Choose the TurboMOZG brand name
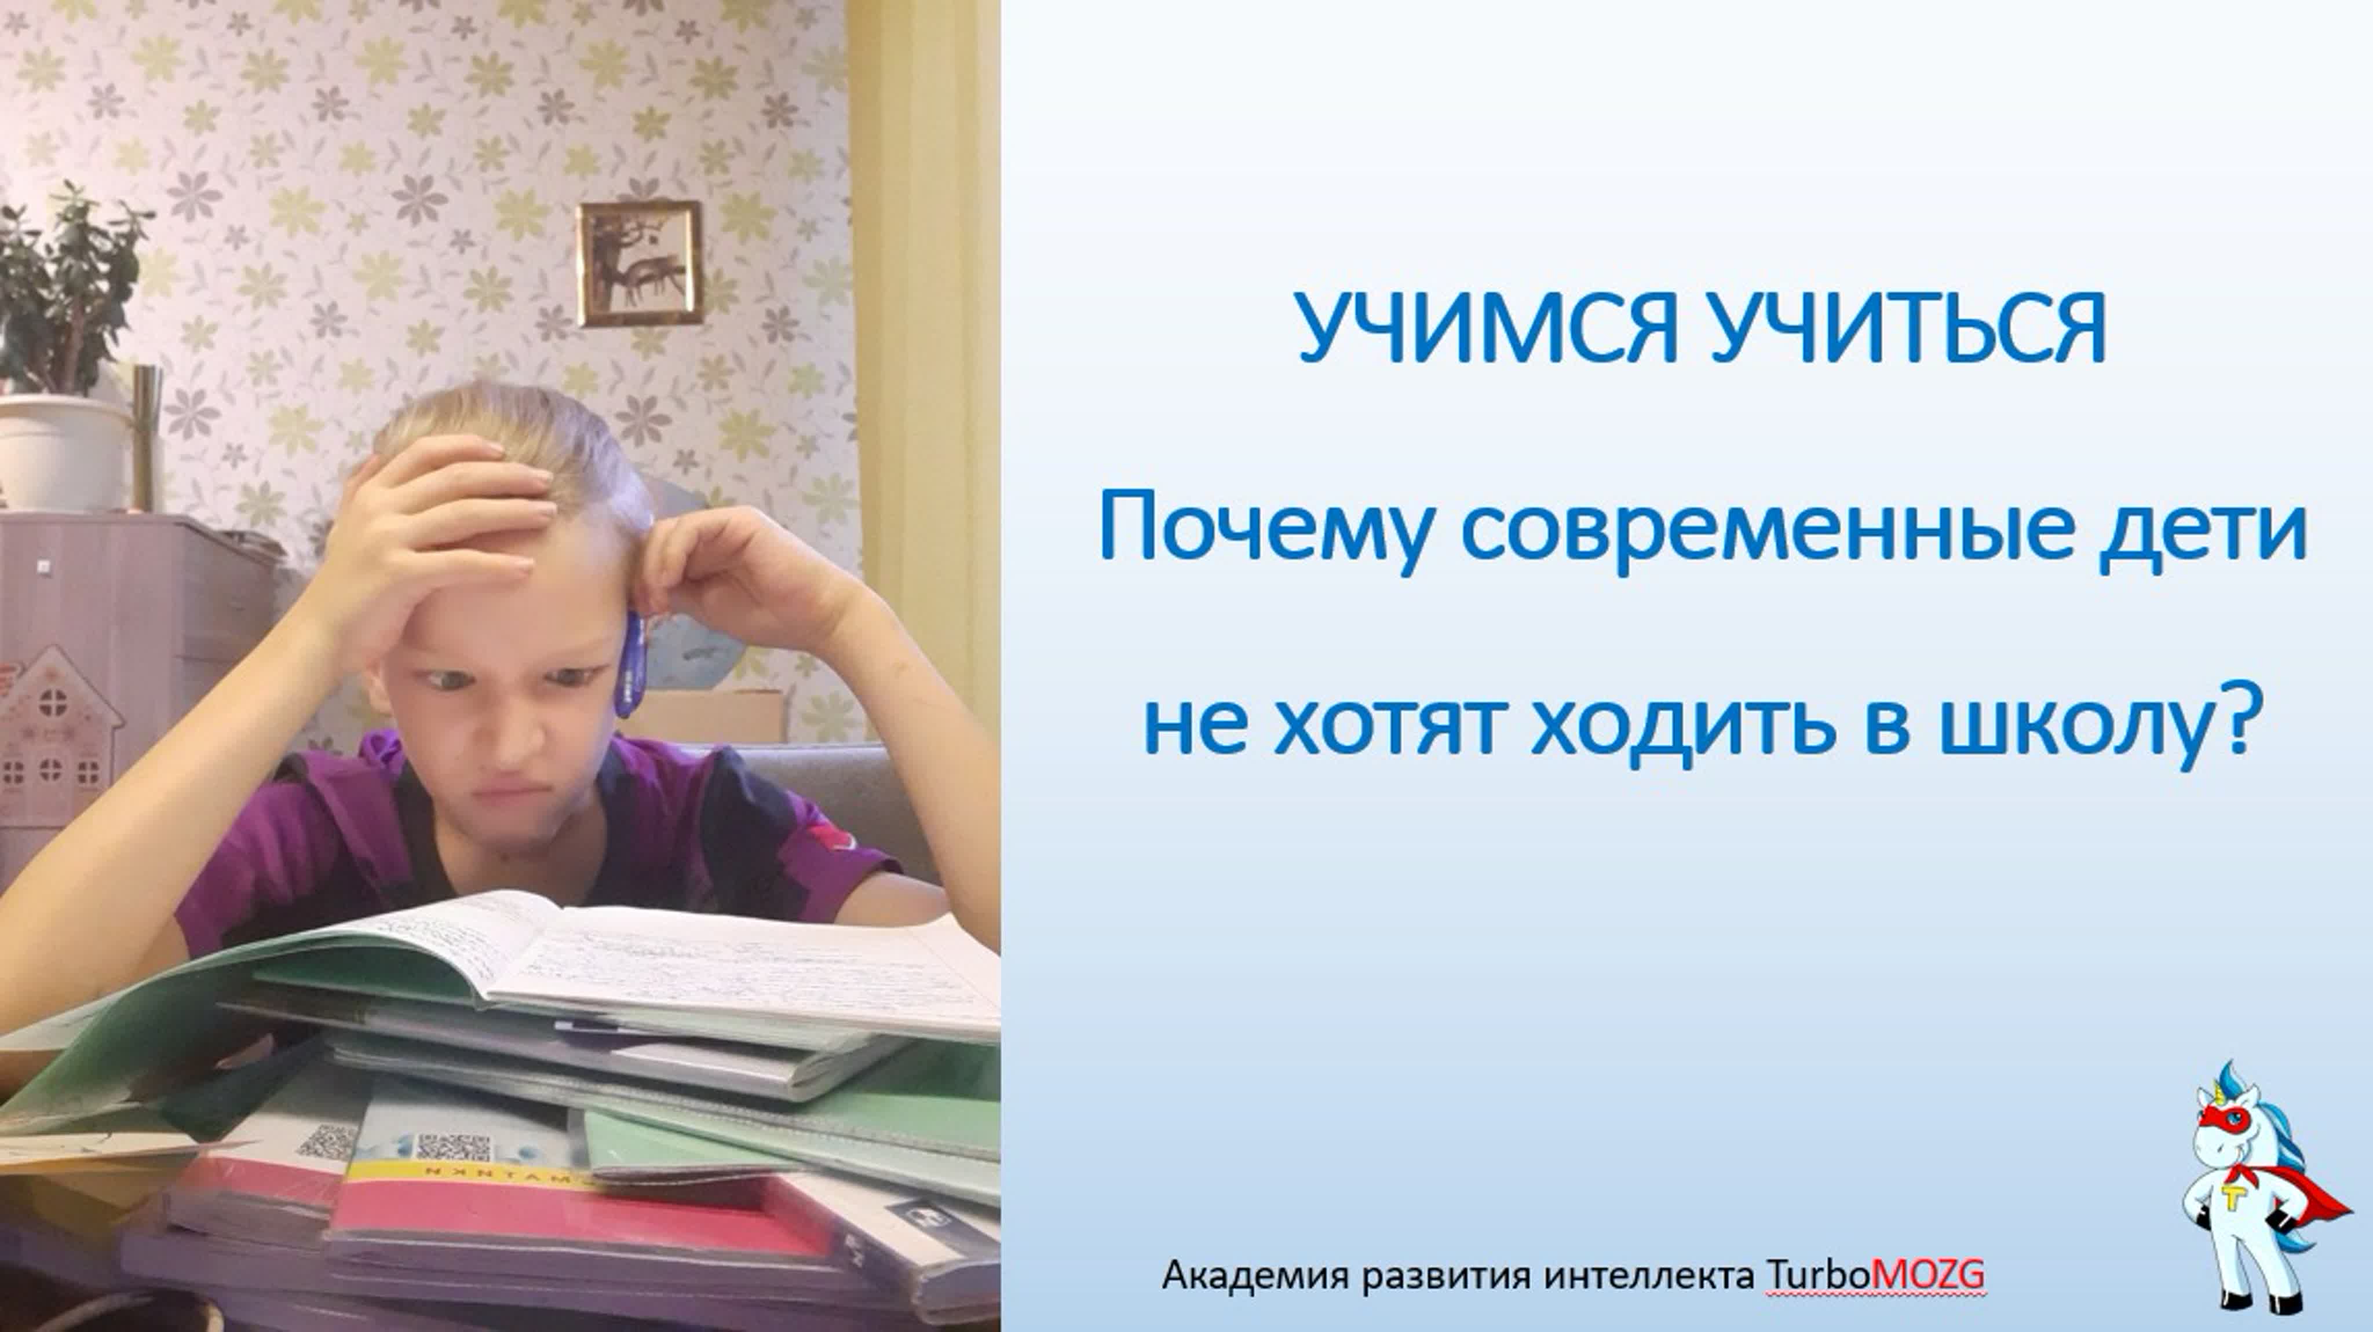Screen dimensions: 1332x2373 point(1875,1276)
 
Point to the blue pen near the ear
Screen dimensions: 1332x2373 point(633,663)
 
